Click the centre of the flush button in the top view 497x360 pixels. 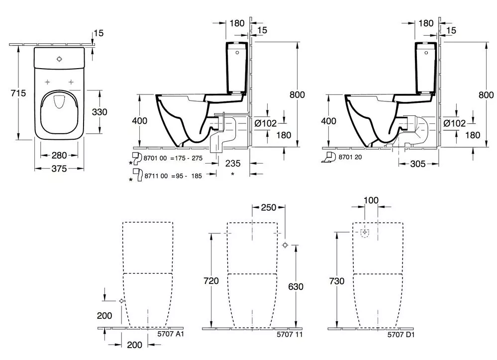[59, 59]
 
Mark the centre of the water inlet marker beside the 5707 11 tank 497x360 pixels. [285, 245]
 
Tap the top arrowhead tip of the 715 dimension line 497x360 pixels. [19, 45]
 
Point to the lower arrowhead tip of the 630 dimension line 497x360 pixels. [296, 328]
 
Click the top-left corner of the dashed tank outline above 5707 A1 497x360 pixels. [123, 222]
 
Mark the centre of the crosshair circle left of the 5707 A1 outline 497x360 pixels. [121, 301]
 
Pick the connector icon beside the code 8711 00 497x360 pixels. [138, 175]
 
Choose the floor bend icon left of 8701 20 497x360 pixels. [329, 158]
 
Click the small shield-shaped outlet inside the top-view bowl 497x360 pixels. [59, 101]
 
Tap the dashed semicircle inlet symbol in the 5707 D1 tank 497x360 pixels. [365, 233]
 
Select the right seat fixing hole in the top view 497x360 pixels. [71, 82]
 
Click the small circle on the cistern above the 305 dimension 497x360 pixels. [426, 53]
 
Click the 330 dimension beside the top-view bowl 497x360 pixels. [99, 112]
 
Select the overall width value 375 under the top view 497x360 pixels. [59, 169]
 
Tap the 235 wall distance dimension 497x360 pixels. [233, 164]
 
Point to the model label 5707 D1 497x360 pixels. [401, 335]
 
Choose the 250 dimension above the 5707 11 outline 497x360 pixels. [269, 207]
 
